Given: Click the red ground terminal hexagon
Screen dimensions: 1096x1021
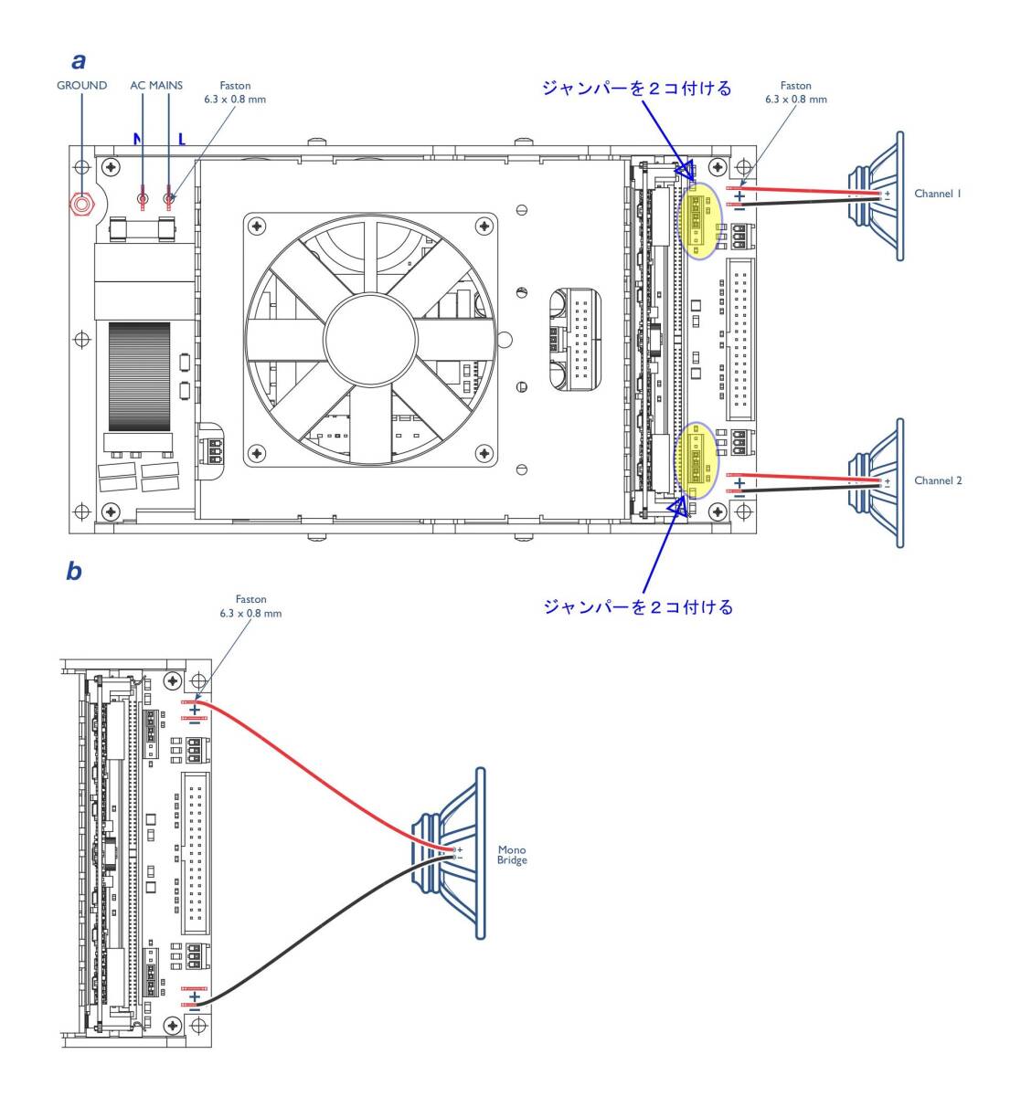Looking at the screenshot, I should click(82, 204).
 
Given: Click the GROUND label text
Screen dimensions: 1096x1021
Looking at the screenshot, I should click(82, 86).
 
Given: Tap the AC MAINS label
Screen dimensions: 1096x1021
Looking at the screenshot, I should click(156, 86).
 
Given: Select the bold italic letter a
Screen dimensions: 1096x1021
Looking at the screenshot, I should click(79, 61).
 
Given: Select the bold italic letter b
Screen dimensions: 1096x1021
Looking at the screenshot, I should click(74, 572).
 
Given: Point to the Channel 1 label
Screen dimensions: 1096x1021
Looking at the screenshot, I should click(938, 195).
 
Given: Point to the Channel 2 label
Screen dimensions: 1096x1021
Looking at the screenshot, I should click(938, 480).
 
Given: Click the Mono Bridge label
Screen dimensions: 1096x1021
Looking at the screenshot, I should click(512, 855).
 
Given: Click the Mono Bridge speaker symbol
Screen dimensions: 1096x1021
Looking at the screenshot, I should click(452, 853).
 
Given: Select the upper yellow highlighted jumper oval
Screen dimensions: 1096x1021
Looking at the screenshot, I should click(699, 221).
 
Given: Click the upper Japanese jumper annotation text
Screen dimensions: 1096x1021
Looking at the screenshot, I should click(636, 89).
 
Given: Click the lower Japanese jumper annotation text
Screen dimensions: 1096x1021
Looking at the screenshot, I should click(638, 606).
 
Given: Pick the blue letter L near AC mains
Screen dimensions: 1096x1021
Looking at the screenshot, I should click(182, 140).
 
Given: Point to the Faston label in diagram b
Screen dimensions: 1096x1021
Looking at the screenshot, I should click(250, 606).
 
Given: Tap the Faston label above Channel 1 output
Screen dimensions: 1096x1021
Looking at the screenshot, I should click(795, 92).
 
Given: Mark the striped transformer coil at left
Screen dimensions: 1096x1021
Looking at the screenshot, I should click(139, 375).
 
